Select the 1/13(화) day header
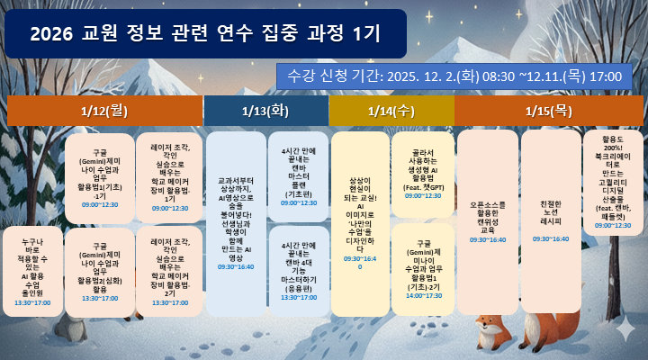tap(265, 111)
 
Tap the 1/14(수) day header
tap(391, 111)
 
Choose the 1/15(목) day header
tap(549, 111)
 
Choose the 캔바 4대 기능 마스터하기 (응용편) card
tap(298, 270)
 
